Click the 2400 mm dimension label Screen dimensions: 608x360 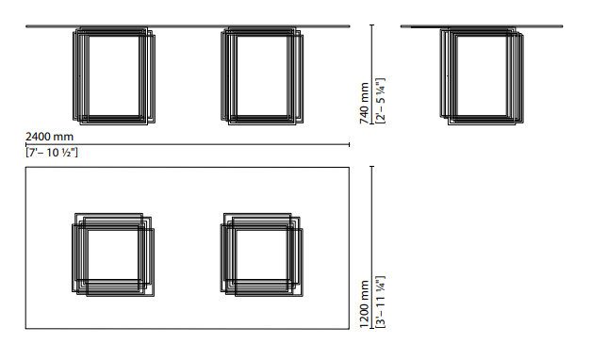pyautogui.click(x=49, y=137)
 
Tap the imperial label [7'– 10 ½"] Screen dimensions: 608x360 pyautogui.click(x=52, y=153)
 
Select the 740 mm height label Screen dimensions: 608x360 pyautogui.click(x=364, y=103)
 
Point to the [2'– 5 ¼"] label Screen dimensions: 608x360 pyautogui.click(x=381, y=101)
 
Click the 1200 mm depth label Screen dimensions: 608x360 pyautogui.click(x=364, y=303)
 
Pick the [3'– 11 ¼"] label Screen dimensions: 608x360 pyautogui.click(x=381, y=302)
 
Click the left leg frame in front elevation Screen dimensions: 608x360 pyautogui.click(x=74, y=76)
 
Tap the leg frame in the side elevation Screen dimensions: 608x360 pyautogui.click(x=441, y=76)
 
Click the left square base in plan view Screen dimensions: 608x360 pyautogui.click(x=74, y=255)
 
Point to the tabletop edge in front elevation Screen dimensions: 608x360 pyautogui.click(x=188, y=26)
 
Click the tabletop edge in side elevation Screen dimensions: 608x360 pyautogui.click(x=482, y=26)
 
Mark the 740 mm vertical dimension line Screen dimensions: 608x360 pyautogui.click(x=372, y=74)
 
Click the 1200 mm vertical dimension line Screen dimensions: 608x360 pyautogui.click(x=372, y=247)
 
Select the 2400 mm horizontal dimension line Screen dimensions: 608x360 pyautogui.click(x=188, y=144)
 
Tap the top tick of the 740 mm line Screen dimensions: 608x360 pyautogui.click(x=372, y=25)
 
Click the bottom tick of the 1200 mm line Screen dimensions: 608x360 pyautogui.click(x=372, y=328)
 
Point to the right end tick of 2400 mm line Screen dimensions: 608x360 pyautogui.click(x=349, y=144)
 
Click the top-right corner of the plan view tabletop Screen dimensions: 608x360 pyautogui.click(x=349, y=168)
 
